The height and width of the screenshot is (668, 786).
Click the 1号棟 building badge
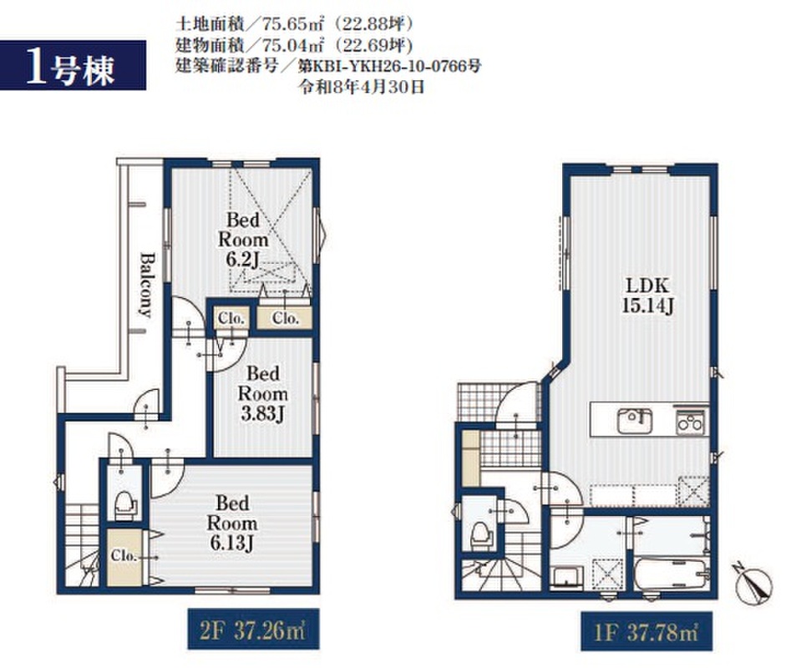point(73,65)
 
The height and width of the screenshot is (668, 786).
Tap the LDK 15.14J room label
point(647,295)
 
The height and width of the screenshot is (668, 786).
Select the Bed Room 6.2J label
point(242,240)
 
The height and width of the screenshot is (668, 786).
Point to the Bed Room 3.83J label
point(262,393)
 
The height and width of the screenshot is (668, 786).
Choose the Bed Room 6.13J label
point(232,523)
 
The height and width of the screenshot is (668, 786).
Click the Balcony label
point(146,285)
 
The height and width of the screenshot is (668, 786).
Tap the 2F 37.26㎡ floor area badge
point(253,629)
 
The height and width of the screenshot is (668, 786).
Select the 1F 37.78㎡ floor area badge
point(647,631)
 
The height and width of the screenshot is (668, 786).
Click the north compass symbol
point(753,584)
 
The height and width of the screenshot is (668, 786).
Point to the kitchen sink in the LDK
point(634,421)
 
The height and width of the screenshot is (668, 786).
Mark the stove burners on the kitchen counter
point(690,422)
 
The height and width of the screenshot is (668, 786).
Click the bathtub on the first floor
point(670,575)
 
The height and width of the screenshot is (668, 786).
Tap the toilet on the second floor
point(123,504)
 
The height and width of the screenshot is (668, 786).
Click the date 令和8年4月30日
point(362,88)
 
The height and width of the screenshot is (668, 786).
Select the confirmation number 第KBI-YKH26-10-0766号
point(389,66)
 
